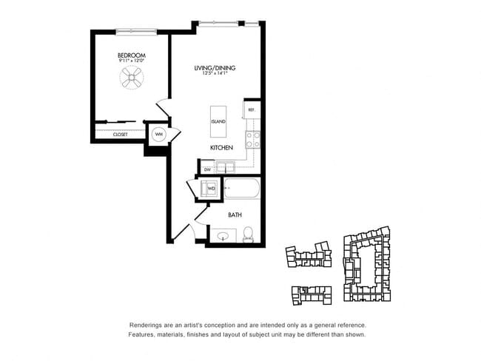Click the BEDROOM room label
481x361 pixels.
131,55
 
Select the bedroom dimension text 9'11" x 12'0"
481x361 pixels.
131,62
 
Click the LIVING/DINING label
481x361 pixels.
215,68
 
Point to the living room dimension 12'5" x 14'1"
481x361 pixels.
215,74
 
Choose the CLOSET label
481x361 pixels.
120,135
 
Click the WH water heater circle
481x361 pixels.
158,135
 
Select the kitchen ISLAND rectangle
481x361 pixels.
218,121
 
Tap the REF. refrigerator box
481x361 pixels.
252,109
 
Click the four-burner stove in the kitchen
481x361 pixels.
252,139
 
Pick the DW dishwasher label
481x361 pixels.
207,169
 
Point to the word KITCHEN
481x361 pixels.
221,148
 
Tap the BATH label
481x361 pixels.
235,215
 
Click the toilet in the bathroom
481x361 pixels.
249,235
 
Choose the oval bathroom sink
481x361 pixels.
223,237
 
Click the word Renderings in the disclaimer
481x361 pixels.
147,325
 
